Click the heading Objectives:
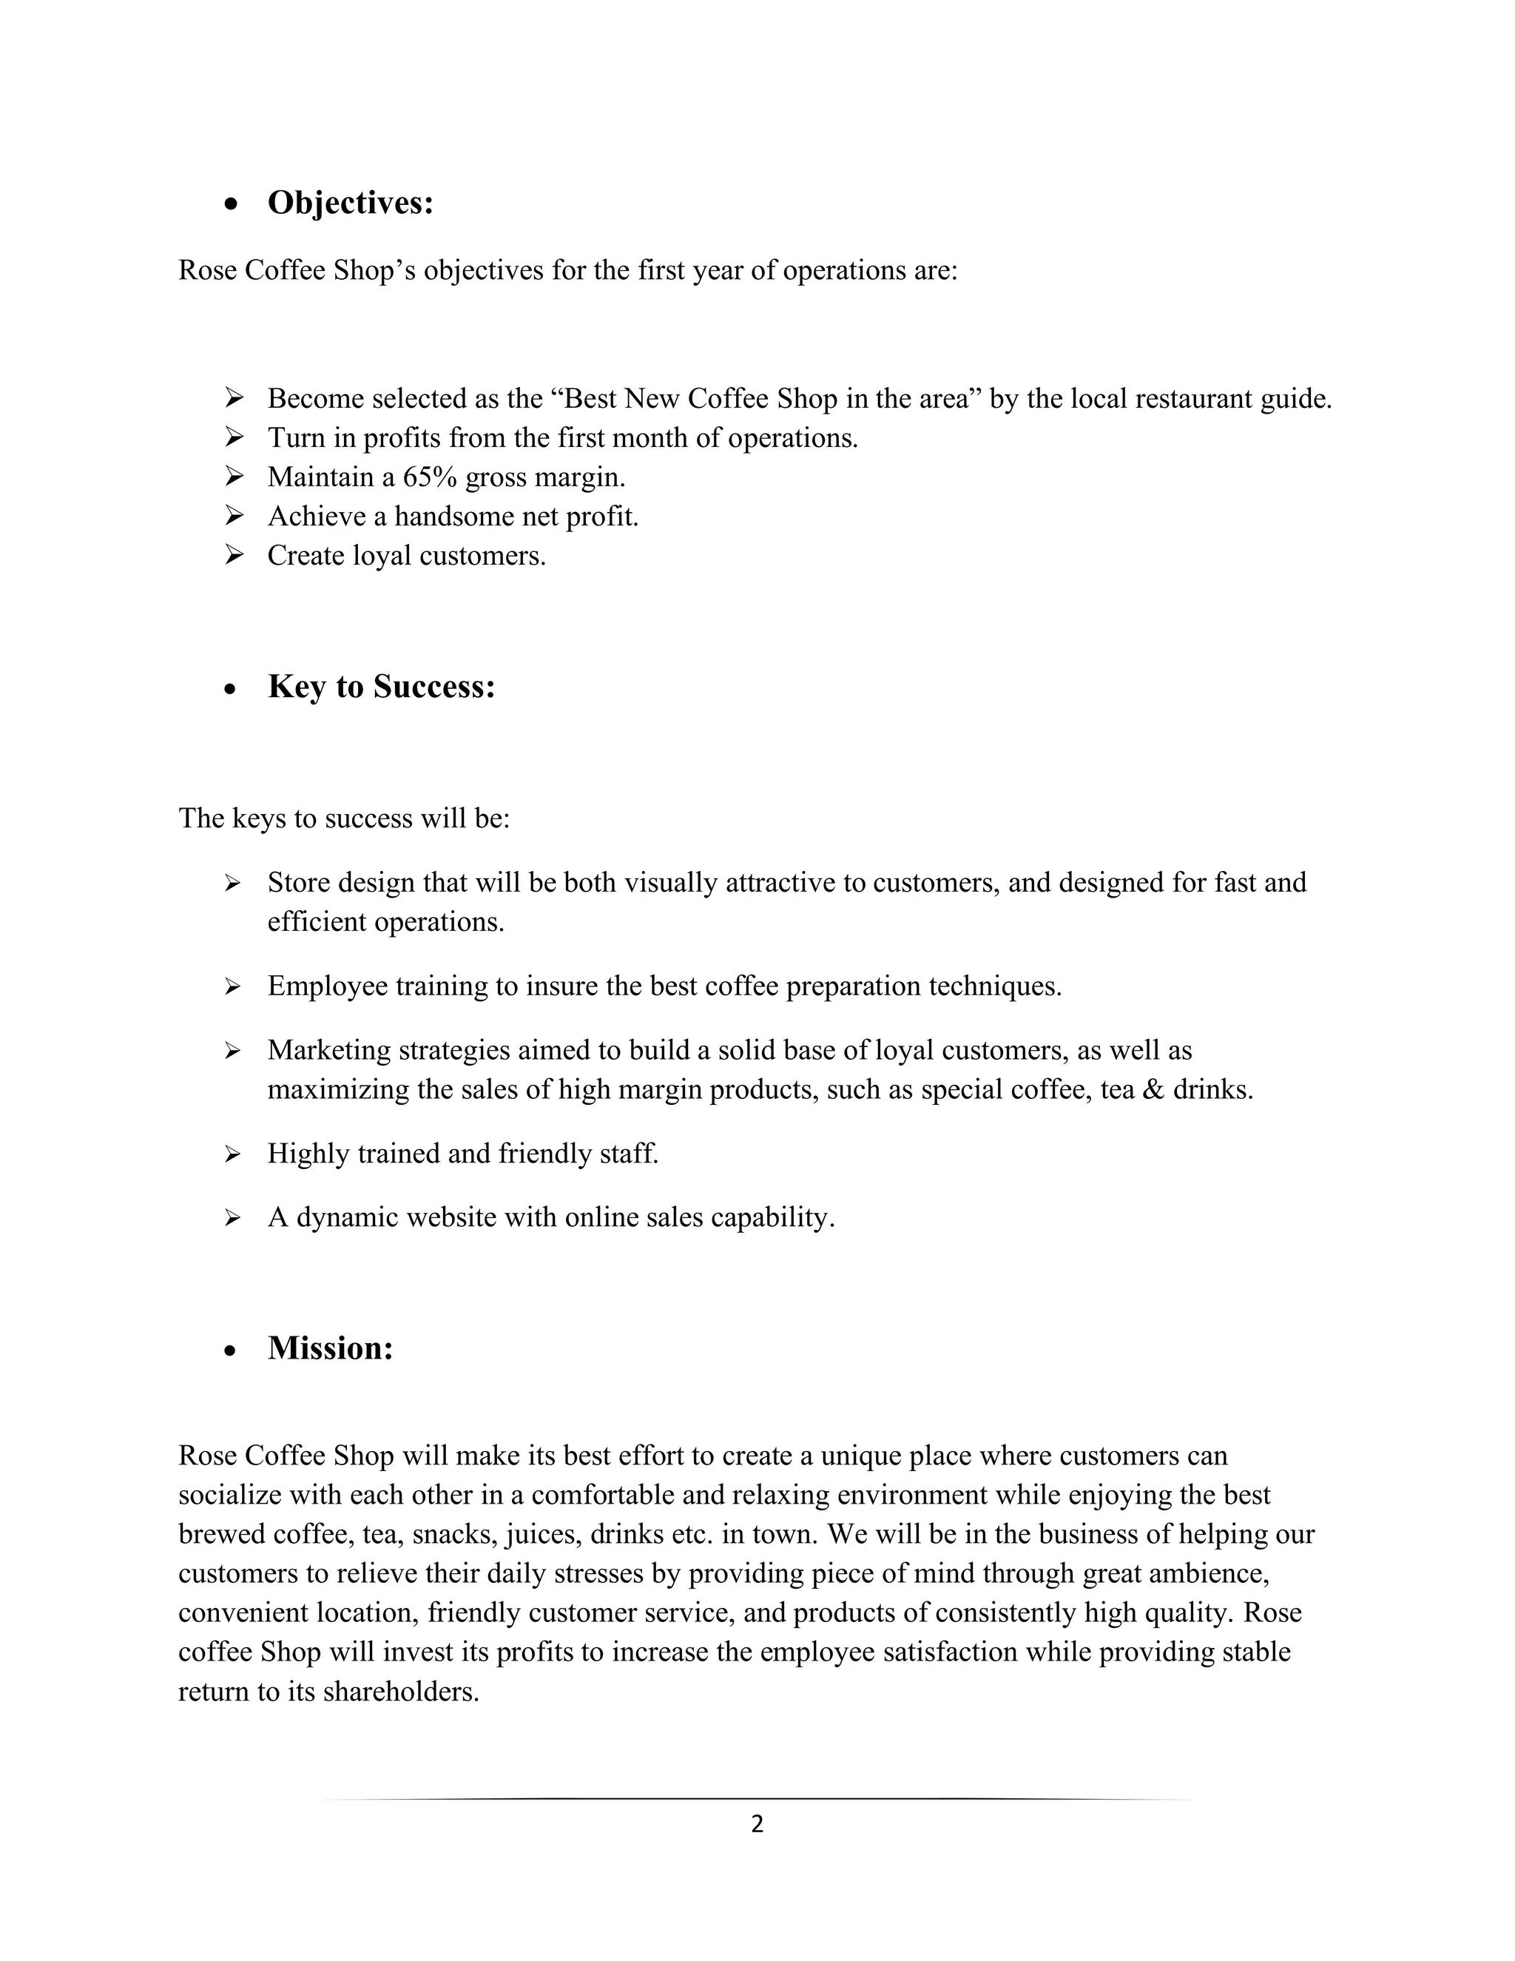pyautogui.click(x=350, y=203)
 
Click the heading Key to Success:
pyautogui.click(x=382, y=687)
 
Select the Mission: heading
pyautogui.click(x=330, y=1348)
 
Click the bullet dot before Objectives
pyautogui.click(x=232, y=206)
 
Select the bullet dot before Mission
pyautogui.click(x=232, y=1350)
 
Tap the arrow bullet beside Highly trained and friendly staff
pyautogui.click(x=232, y=1154)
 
